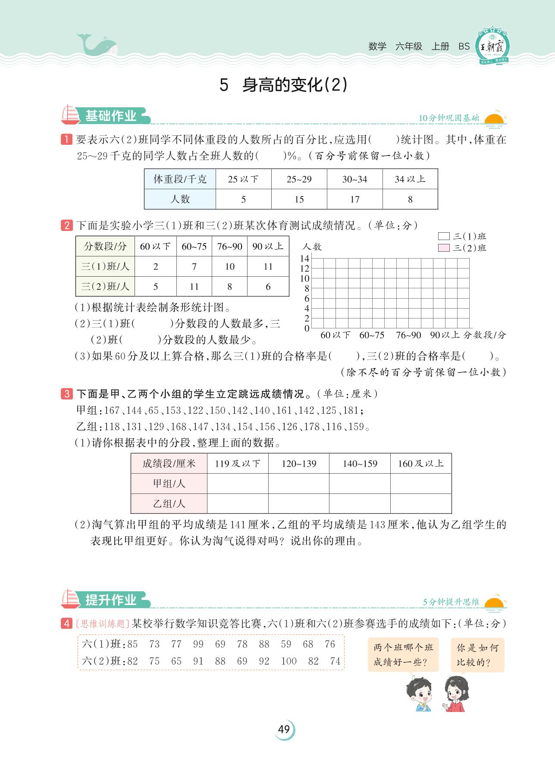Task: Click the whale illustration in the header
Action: point(96,44)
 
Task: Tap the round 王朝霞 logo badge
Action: point(492,46)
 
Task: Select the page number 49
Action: point(284,730)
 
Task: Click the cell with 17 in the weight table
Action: point(354,200)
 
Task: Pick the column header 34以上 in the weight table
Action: point(410,179)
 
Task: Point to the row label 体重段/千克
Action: point(180,179)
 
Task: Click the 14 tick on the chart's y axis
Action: point(304,259)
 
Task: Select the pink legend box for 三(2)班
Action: point(444,248)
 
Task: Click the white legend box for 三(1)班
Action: point(444,236)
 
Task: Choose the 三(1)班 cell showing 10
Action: point(229,267)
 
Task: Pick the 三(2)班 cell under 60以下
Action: point(156,287)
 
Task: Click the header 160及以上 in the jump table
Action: point(420,464)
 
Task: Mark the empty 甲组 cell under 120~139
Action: point(298,484)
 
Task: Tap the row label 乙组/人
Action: point(169,503)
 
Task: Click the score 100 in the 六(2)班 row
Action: point(288,661)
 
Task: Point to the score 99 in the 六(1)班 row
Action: point(198,644)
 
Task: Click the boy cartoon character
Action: point(418,694)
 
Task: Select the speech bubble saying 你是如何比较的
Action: point(477,655)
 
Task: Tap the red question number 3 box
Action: point(67,394)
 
